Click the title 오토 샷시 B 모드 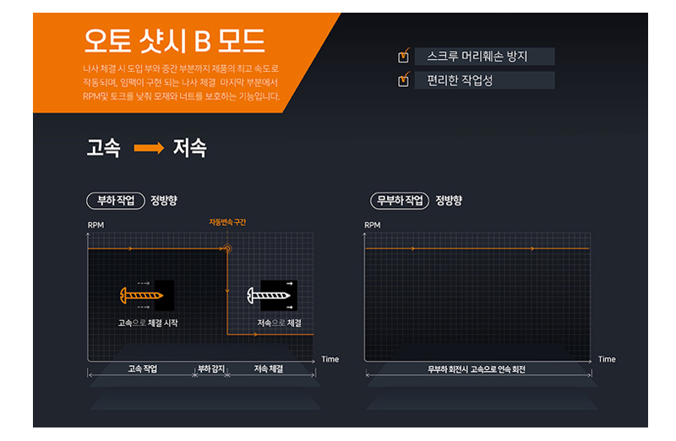click(174, 41)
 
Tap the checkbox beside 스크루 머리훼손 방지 click(404, 56)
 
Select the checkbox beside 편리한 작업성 click(404, 79)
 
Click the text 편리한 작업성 click(460, 80)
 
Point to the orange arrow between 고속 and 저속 click(150, 148)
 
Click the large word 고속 click(103, 148)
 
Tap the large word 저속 click(189, 148)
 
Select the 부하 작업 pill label click(116, 200)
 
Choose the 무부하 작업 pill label click(400, 200)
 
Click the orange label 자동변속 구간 click(227, 222)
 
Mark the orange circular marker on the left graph click(227, 248)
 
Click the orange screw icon click(141, 296)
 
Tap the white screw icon click(269, 296)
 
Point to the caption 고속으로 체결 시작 click(148, 323)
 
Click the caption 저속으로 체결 click(280, 323)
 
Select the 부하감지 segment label click(211, 369)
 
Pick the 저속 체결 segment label click(269, 369)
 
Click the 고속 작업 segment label click(142, 369)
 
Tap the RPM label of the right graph click(373, 225)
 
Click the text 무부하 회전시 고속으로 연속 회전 click(477, 369)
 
